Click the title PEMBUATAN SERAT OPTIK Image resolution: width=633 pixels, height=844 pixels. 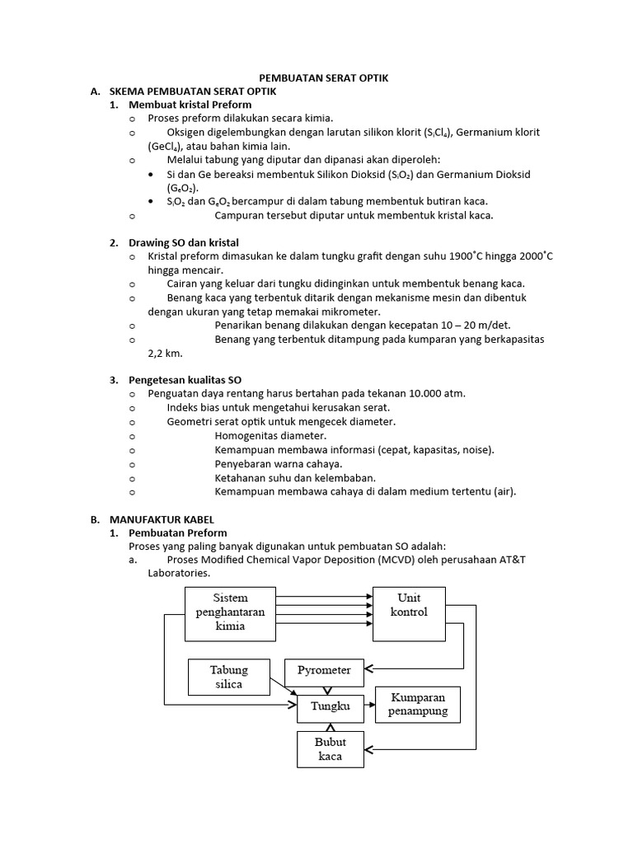(317, 77)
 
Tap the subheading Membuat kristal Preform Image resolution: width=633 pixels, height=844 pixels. (190, 105)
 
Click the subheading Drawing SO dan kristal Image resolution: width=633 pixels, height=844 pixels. (183, 243)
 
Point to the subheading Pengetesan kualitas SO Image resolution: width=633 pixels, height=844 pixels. (185, 380)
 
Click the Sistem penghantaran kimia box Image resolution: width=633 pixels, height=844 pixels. (230, 613)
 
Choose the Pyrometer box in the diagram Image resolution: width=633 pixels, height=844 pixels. (323, 671)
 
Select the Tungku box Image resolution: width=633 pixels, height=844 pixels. (330, 706)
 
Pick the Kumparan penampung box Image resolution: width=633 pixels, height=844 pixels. (418, 705)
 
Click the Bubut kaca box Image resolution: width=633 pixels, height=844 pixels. (330, 749)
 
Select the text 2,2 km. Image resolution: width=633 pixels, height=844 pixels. (165, 353)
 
